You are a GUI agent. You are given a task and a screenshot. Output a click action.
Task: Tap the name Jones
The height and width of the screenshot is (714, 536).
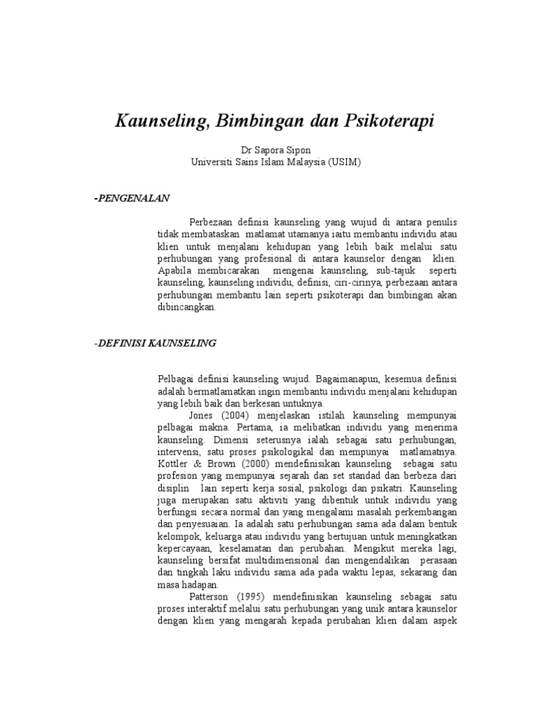click(x=203, y=412)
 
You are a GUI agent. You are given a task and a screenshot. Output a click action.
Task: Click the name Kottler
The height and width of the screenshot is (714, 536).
click(x=173, y=464)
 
